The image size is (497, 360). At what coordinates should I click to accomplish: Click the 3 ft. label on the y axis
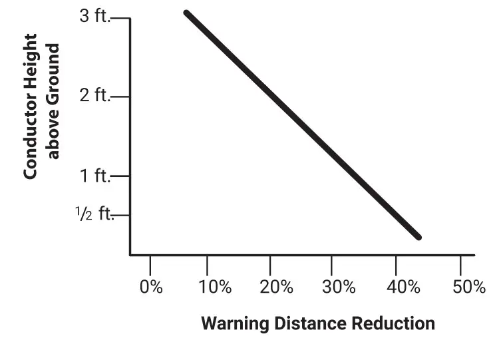(94, 16)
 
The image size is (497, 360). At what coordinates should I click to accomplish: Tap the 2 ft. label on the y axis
(94, 95)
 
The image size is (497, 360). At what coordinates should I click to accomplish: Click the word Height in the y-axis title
(30, 64)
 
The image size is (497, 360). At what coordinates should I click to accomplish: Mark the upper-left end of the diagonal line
(187, 13)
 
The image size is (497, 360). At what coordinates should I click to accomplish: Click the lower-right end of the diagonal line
(418, 236)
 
